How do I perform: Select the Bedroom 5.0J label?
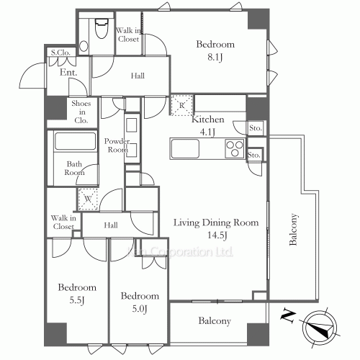point(139,301)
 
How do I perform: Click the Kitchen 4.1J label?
point(208,125)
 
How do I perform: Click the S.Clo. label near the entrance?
point(59,53)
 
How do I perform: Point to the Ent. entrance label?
point(68,73)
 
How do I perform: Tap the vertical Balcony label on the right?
point(294,230)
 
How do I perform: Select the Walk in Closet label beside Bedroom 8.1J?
point(128,35)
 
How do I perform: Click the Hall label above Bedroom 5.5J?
point(110,225)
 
